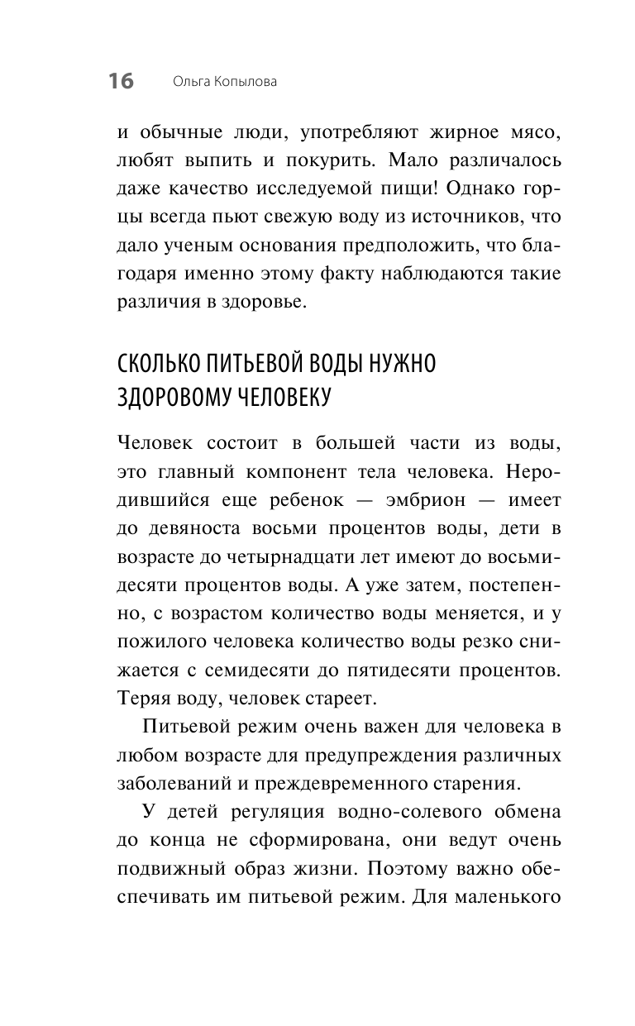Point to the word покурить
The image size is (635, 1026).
point(319,159)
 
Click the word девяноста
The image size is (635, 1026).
point(198,528)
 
